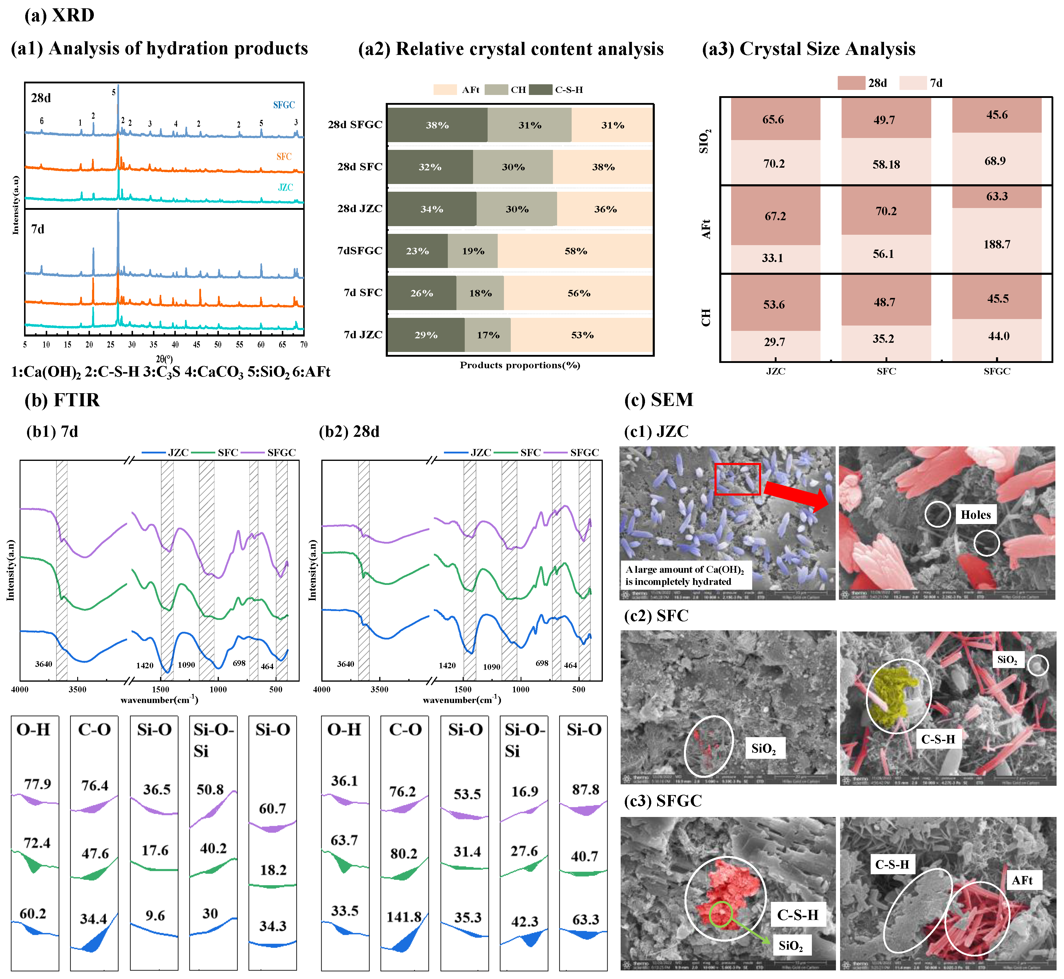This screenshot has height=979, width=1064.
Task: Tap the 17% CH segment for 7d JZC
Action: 488,335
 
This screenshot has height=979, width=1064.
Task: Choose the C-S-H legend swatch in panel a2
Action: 541,90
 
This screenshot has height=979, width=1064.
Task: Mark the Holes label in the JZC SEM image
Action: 976,514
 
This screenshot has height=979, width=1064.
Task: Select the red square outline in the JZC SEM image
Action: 737,479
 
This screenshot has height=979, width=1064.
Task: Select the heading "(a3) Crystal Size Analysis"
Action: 809,49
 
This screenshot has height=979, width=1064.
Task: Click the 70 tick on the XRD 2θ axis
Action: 304,344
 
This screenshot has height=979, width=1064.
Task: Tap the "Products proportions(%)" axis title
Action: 520,365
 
